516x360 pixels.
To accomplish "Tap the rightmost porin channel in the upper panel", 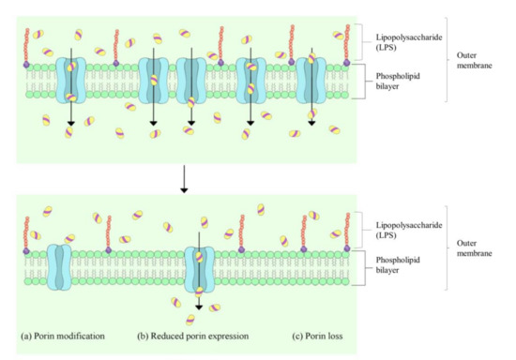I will coord(311,82).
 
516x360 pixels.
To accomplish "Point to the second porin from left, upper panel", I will coord(154,82).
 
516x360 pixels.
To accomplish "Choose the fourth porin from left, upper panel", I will coord(251,82).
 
